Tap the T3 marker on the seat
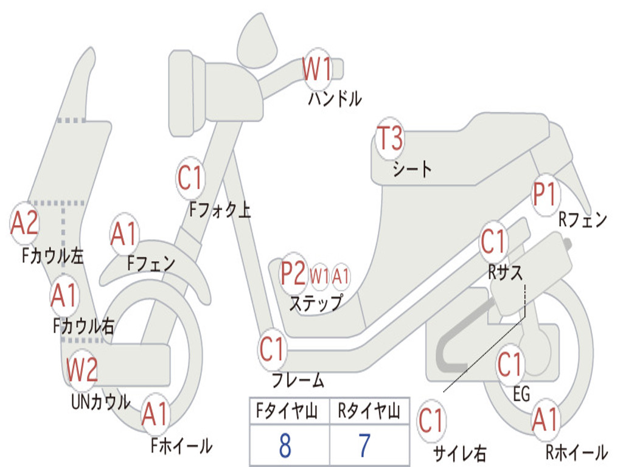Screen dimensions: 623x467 click(390, 138)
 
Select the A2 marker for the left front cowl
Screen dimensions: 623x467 click(24, 223)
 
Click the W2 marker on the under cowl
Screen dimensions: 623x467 click(82, 370)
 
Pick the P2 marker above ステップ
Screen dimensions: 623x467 click(294, 274)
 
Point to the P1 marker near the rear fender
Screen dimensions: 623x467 click(545, 195)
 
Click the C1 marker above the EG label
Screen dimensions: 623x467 click(510, 365)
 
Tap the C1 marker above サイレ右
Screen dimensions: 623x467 click(431, 421)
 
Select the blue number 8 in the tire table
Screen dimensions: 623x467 click(285, 446)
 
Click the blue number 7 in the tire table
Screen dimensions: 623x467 click(365, 446)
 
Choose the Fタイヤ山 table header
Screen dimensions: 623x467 click(287, 411)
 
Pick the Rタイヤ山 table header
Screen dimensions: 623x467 click(369, 411)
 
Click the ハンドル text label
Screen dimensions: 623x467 click(335, 99)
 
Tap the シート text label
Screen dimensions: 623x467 click(412, 169)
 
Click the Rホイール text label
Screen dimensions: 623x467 click(577, 452)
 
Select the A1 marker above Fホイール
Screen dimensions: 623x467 click(155, 415)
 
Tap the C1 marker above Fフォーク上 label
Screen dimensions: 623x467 click(190, 178)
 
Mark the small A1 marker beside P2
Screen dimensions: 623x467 click(341, 275)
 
